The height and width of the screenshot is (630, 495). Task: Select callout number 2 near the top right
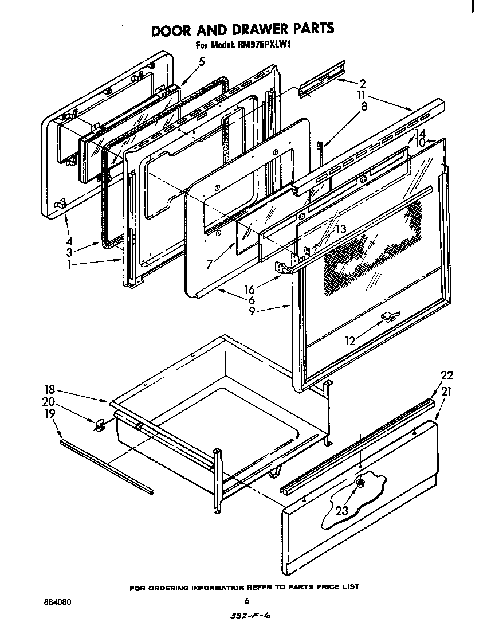tap(363, 83)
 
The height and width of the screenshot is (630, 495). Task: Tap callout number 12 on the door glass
tap(349, 341)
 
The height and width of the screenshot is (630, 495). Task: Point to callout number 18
tap(50, 388)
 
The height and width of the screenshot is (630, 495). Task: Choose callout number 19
tap(50, 413)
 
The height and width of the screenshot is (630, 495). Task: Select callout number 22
tap(446, 375)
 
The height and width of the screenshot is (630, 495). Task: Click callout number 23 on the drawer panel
tap(343, 510)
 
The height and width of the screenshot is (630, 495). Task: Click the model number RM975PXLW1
tap(261, 46)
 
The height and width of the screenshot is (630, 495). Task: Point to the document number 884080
tap(57, 602)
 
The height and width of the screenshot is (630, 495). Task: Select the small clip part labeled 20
tap(99, 424)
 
